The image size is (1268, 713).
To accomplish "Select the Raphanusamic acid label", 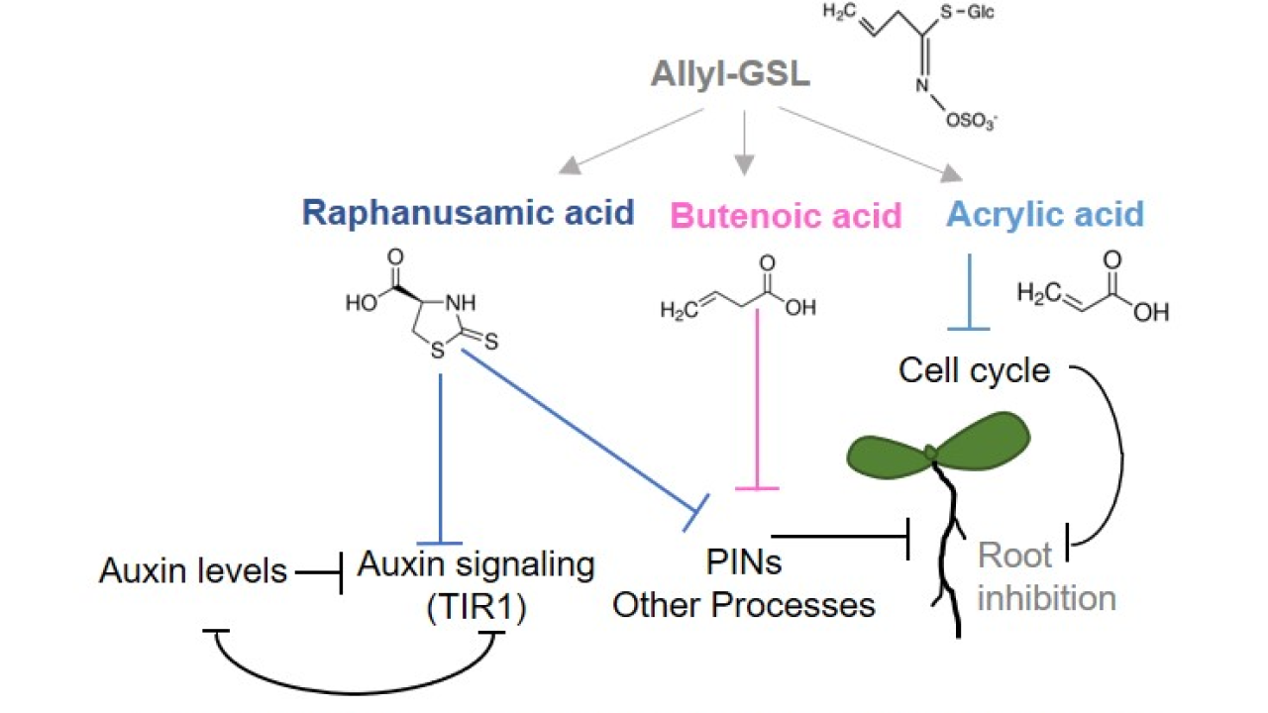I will pos(469,213).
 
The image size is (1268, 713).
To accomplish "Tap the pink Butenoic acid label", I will pos(786,215).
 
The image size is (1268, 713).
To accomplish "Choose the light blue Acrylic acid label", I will pos(1044,213).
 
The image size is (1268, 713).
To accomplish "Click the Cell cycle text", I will pos(973,370).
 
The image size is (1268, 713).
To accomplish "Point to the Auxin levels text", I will pos(193,570).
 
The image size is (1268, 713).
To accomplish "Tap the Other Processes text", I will pos(743,604).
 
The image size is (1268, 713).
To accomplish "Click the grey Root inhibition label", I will pos(1046,576).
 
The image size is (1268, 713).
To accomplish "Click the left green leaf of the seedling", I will pos(887,451).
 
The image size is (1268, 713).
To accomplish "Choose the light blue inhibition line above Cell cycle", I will pos(970,292).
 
